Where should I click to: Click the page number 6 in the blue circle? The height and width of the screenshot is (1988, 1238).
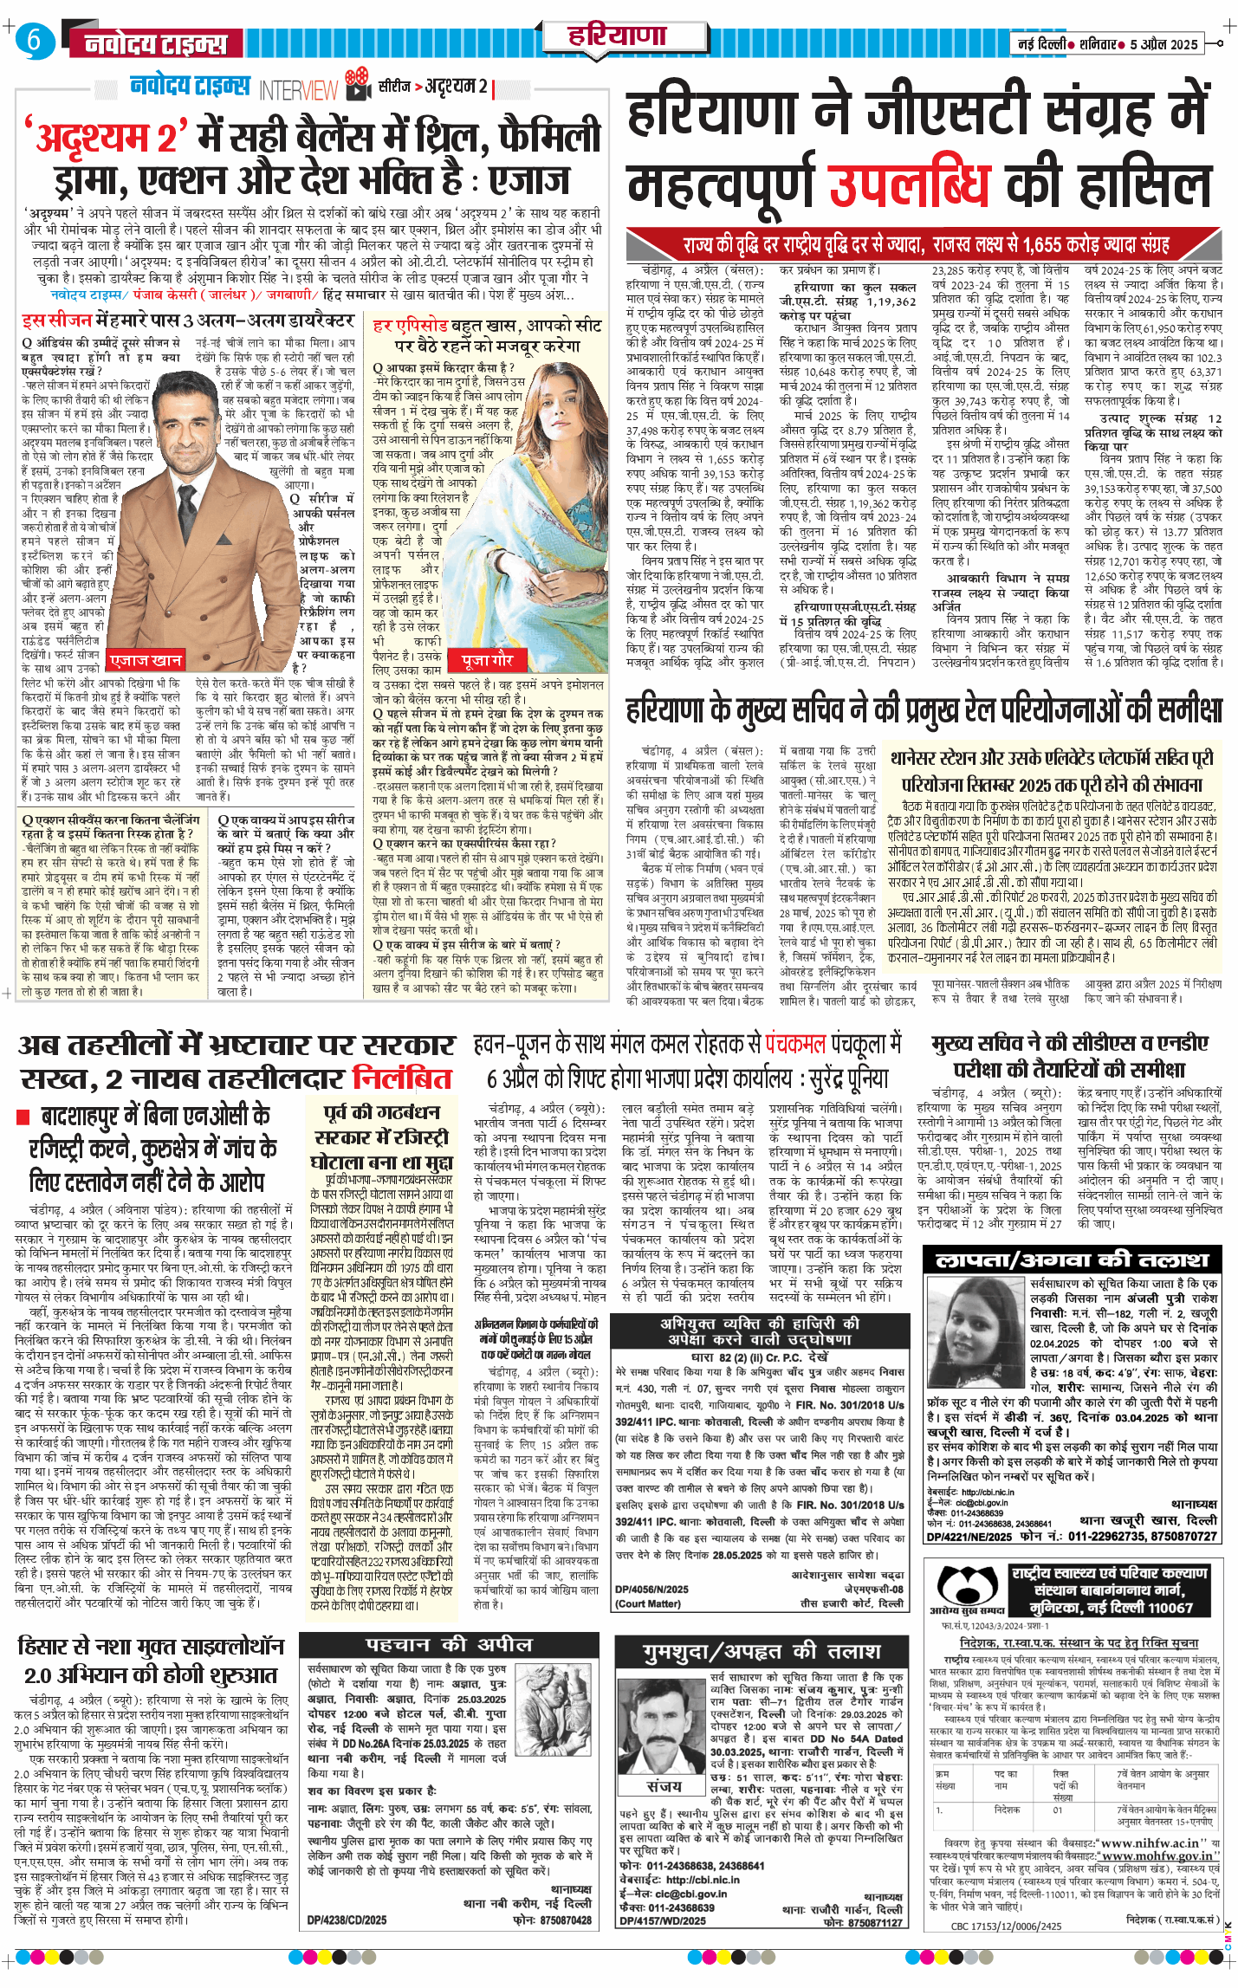pos(34,41)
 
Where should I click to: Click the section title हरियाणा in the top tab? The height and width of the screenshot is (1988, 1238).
pos(616,36)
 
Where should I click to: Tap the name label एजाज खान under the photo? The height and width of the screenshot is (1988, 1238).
pos(146,660)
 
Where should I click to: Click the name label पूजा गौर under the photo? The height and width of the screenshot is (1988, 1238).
pos(488,660)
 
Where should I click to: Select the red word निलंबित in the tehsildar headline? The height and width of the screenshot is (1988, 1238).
pos(402,1079)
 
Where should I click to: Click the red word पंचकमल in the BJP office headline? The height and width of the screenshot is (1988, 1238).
pos(794,1044)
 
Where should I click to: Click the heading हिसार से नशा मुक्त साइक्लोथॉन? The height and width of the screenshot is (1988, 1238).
pos(151,1645)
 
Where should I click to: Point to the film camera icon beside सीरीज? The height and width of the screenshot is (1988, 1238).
pos(358,86)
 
